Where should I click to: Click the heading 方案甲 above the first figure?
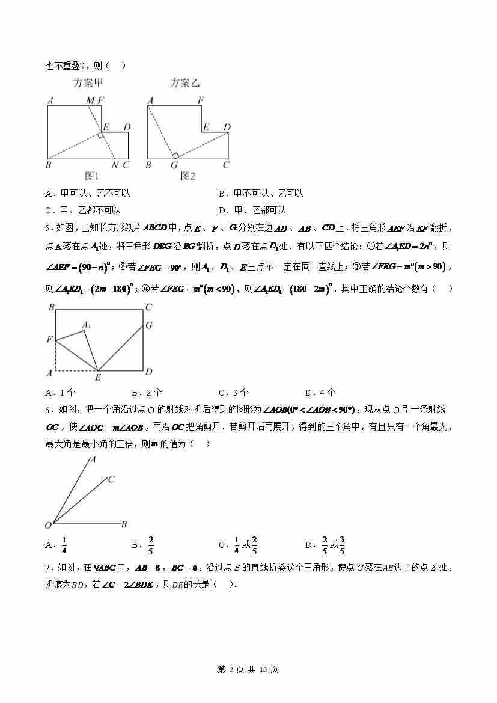click(x=92, y=84)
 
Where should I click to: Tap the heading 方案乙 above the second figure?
click(x=184, y=84)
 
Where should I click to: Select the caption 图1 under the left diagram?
click(x=91, y=176)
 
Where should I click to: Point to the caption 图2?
click(x=188, y=176)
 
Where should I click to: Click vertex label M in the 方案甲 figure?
click(x=90, y=100)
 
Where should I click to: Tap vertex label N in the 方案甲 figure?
click(x=114, y=165)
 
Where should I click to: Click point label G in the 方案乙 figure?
click(x=174, y=165)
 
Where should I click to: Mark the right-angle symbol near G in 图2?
click(x=175, y=156)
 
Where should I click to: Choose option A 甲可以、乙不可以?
click(x=88, y=194)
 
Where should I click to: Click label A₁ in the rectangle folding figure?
click(x=87, y=325)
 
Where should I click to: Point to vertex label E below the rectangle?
click(x=98, y=378)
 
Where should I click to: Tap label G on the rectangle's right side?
click(x=148, y=325)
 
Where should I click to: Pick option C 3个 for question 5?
click(x=234, y=393)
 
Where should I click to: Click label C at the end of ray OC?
click(x=111, y=479)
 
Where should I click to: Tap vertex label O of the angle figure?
click(x=48, y=526)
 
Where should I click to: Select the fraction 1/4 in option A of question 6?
click(x=64, y=544)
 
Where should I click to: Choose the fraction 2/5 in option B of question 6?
click(x=151, y=544)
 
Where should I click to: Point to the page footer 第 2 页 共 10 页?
click(x=248, y=669)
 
